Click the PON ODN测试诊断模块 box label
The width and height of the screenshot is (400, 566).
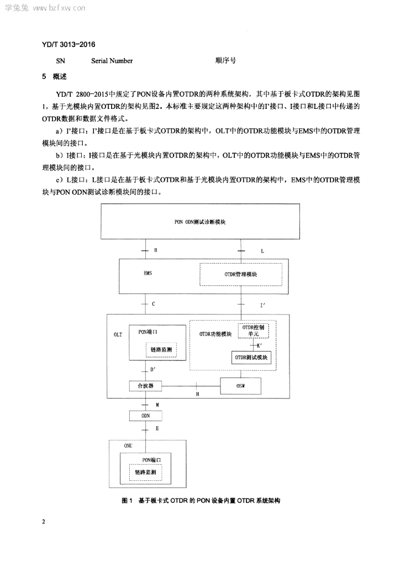pyautogui.click(x=200, y=222)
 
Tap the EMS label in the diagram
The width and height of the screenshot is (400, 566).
pyautogui.click(x=148, y=273)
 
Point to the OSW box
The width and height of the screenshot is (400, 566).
pyautogui.click(x=240, y=386)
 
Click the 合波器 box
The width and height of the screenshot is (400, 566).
pyautogui.click(x=145, y=385)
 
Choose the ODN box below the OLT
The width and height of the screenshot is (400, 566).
pyautogui.click(x=145, y=416)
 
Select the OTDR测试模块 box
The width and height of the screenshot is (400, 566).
pyautogui.click(x=251, y=358)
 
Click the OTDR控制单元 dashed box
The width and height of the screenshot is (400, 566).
pyautogui.click(x=253, y=331)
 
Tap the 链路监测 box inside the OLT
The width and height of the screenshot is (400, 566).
pyautogui.click(x=161, y=349)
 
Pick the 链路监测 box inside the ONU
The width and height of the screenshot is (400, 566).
pyautogui.click(x=146, y=472)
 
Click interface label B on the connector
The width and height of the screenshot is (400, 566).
pyautogui.click(x=155, y=250)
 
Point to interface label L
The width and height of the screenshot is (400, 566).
pyautogui.click(x=262, y=251)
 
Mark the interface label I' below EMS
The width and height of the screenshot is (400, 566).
pyautogui.click(x=262, y=305)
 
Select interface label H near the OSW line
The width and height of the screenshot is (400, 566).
pyautogui.click(x=197, y=395)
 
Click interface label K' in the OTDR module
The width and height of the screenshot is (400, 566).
pyautogui.click(x=259, y=345)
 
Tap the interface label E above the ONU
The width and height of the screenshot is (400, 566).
pyautogui.click(x=157, y=428)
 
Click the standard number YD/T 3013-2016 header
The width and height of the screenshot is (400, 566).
pyautogui.click(x=69, y=44)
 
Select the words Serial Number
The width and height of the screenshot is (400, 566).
pyautogui.click(x=112, y=61)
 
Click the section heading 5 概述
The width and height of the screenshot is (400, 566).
pyautogui.click(x=55, y=76)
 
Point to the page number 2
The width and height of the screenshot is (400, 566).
pyautogui.click(x=44, y=522)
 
